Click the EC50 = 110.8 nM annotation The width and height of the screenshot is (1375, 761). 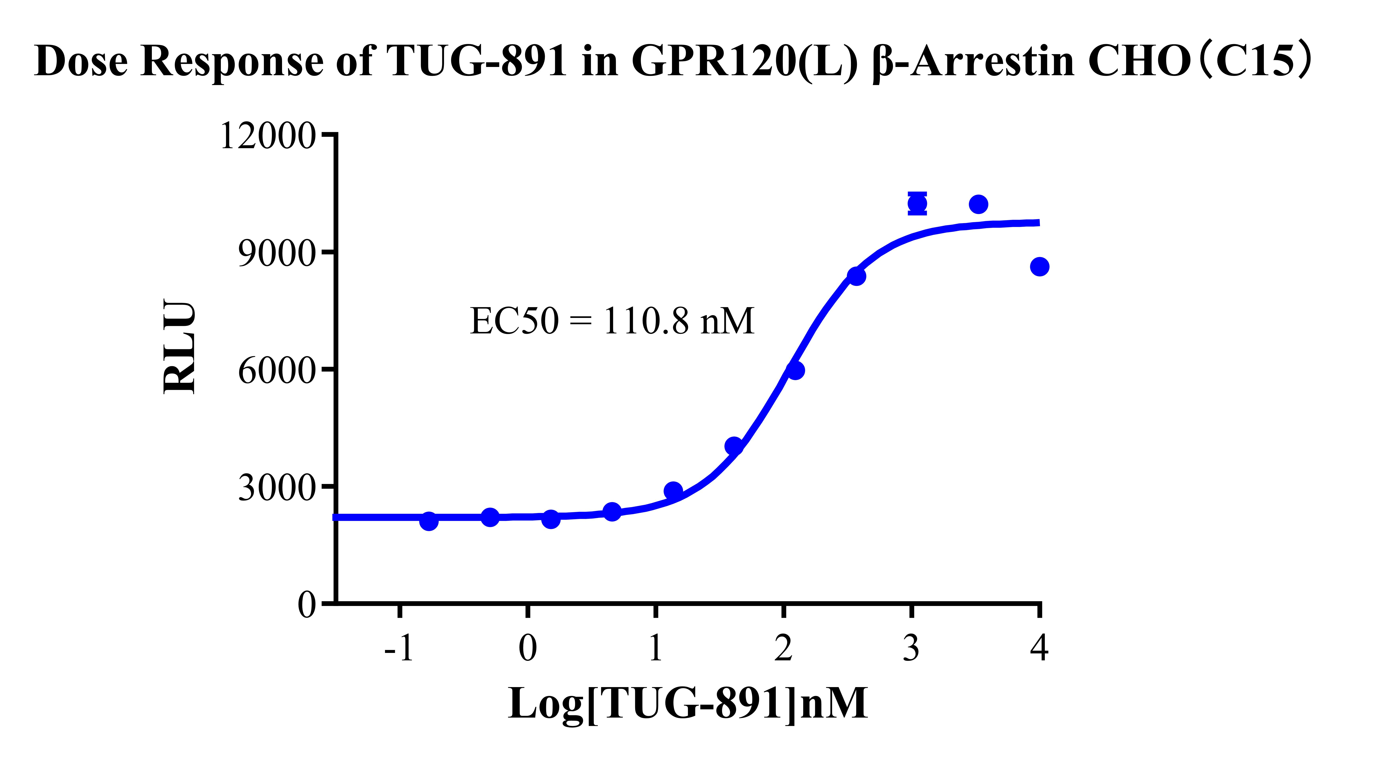pos(612,321)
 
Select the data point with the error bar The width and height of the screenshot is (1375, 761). pos(917,203)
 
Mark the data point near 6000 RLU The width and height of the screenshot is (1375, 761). pos(795,370)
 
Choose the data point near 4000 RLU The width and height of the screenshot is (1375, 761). pos(734,446)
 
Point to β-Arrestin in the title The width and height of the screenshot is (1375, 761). pos(972,61)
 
